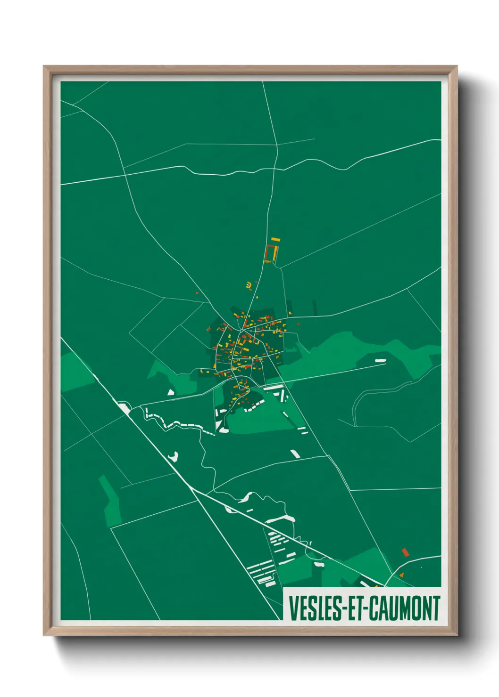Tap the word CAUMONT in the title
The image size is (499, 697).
tap(404, 608)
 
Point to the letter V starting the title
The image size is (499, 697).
tap(293, 608)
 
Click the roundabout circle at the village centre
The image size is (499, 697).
tap(241, 331)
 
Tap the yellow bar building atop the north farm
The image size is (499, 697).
tap(275, 240)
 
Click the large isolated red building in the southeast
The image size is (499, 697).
tap(405, 552)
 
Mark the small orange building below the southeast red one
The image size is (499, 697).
tap(402, 574)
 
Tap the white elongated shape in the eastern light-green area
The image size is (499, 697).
tap(380, 361)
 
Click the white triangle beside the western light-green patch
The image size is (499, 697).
tap(171, 391)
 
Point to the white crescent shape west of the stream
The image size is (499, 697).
tap(174, 456)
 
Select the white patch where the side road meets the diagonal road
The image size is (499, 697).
tap(124, 407)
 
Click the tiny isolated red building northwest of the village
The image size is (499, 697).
tap(197, 293)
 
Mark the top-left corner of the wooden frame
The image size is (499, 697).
tap(44, 67)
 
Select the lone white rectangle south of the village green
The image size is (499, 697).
tap(295, 454)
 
